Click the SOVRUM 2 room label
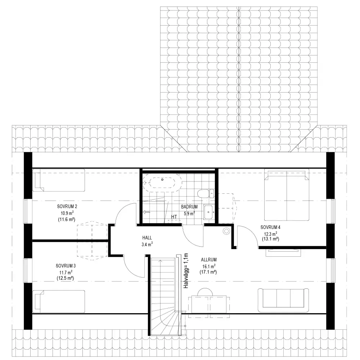pyautogui.click(x=67, y=207)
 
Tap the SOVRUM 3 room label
pyautogui.click(x=66, y=266)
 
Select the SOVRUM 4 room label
pyautogui.click(x=270, y=227)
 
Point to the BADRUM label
pyautogui.click(x=189, y=207)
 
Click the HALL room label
pyautogui.click(x=147, y=238)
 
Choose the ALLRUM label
pyautogui.click(x=209, y=260)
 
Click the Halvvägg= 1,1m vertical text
pyautogui.click(x=186, y=271)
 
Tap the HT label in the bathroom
pyautogui.click(x=174, y=217)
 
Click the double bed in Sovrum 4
pyautogui.click(x=287, y=195)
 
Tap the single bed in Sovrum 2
pyautogui.click(x=59, y=180)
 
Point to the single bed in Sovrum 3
pyautogui.click(x=59, y=301)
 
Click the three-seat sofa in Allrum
pyautogui.click(x=283, y=300)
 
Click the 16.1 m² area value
pyautogui.click(x=209, y=266)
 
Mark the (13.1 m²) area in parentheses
pyautogui.click(x=270, y=239)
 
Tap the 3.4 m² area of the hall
pyautogui.click(x=147, y=244)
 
